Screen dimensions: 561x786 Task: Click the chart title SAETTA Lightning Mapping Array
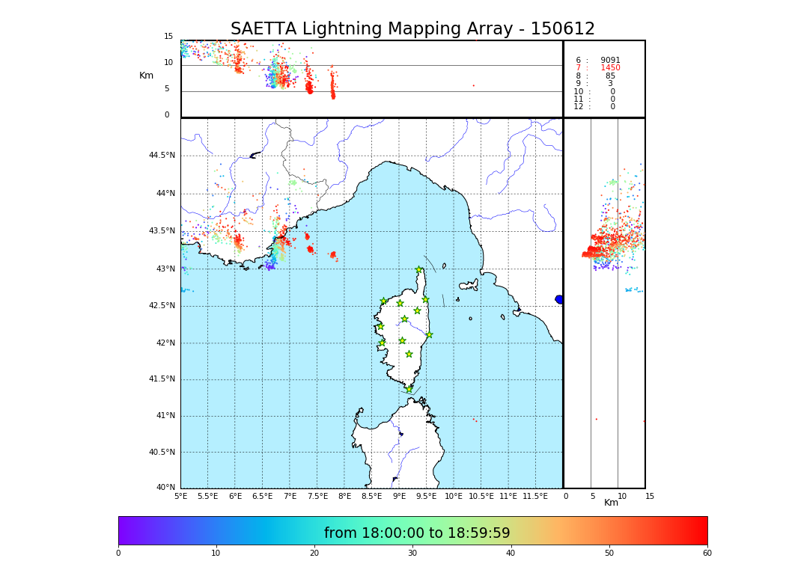pos(412,29)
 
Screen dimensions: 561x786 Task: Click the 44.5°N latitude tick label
pos(162,156)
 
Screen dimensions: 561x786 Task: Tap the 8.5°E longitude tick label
pos(371,496)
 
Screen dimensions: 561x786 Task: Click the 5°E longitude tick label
pos(181,496)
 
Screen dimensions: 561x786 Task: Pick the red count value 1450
pos(610,68)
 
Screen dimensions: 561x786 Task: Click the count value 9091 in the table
pos(610,61)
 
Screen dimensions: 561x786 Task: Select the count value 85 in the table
pos(610,76)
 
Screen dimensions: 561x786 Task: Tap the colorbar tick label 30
pos(412,554)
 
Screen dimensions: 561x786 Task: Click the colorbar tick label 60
pos(707,554)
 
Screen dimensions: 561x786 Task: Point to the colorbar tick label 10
pos(216,554)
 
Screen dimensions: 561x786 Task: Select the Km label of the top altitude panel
pos(147,76)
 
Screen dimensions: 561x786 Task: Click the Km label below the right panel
pos(612,503)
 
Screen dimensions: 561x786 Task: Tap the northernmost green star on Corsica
pos(419,269)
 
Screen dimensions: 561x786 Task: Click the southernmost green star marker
pos(409,389)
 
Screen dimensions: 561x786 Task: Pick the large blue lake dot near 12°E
pos(559,299)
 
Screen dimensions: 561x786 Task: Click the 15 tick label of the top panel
pos(168,37)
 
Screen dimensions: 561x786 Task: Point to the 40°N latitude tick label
pos(165,488)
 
